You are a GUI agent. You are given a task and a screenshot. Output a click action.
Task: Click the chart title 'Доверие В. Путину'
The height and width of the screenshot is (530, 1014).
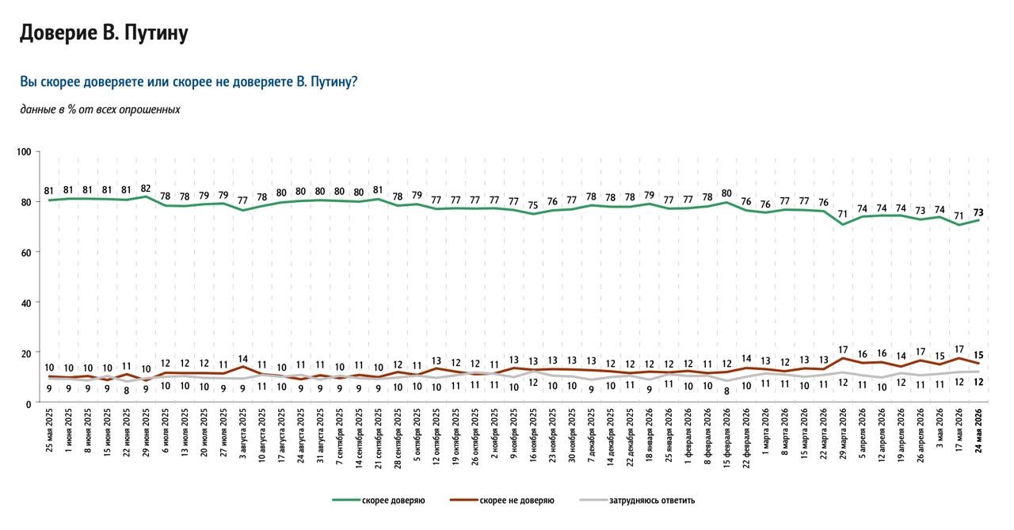(104, 33)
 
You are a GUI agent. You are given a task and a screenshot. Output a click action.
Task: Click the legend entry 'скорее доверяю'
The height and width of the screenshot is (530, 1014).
(393, 501)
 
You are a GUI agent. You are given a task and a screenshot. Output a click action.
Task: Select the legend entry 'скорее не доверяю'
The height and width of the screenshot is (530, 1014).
(517, 501)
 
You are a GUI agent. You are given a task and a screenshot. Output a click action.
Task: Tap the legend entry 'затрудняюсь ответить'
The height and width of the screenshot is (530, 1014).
(651, 501)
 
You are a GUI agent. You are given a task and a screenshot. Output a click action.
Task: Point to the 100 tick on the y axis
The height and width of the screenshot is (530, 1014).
(24, 152)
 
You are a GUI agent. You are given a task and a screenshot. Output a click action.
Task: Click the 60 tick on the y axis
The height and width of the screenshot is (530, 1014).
(26, 253)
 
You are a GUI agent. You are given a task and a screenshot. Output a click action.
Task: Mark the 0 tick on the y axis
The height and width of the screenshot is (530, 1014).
(29, 404)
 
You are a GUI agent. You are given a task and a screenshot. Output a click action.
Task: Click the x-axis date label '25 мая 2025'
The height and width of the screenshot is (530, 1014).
(49, 430)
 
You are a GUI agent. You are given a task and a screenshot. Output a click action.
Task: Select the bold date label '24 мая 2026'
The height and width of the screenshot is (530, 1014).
(978, 430)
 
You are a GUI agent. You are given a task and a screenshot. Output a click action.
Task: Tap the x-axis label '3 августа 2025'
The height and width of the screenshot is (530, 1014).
(243, 433)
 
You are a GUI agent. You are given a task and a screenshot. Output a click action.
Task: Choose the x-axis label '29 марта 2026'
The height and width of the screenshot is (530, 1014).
(842, 433)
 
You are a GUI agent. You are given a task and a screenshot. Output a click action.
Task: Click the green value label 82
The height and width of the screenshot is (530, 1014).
(145, 189)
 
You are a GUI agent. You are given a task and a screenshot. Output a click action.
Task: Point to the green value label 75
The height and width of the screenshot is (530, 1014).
(533, 205)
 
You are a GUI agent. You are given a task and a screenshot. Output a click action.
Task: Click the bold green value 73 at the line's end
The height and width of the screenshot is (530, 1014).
(978, 213)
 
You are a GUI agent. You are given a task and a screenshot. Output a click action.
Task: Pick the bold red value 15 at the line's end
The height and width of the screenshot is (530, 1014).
(978, 355)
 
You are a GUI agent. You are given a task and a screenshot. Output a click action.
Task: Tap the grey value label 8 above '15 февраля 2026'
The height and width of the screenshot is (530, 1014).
(726, 392)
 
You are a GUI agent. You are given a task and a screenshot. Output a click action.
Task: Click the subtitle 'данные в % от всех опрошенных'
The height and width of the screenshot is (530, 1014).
(100, 109)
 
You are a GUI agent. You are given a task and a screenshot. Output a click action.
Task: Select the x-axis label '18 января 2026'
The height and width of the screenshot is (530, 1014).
(649, 434)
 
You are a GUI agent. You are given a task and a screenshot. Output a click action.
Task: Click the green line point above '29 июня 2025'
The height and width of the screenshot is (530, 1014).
(146, 196)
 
